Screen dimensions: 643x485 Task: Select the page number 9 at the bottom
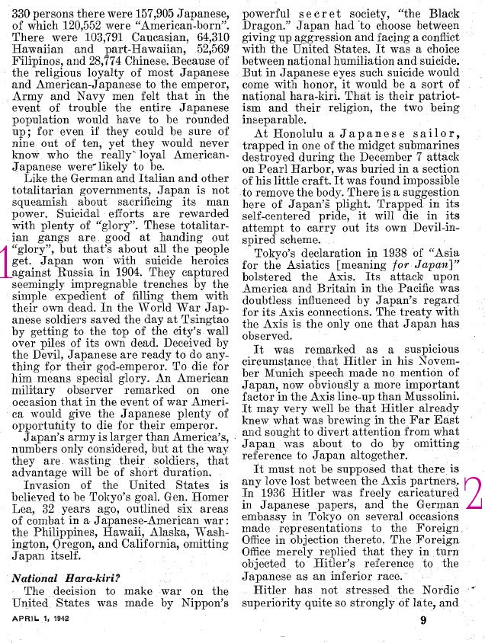pos(422,620)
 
